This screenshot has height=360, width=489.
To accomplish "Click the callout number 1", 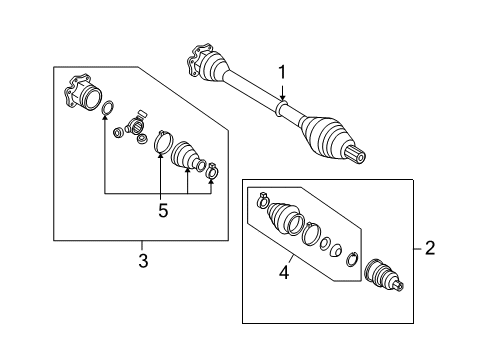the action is point(282,72).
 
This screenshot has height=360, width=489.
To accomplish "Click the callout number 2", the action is point(430,248).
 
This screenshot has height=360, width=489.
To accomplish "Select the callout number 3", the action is point(143,261).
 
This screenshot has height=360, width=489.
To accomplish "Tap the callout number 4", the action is point(284,272).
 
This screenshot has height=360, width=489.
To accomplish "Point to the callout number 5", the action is point(163,211).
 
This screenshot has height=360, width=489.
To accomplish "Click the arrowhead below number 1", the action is point(282,97).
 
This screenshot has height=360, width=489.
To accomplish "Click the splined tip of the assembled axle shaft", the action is point(356,155).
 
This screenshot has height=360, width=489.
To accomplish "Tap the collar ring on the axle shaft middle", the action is point(282,108).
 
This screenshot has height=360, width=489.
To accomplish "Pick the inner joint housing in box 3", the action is point(81,93).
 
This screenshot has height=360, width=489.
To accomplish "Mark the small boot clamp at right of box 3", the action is point(212,171).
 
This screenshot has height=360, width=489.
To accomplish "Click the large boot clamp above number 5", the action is point(163,141).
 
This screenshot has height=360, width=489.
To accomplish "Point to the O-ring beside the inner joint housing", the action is point(107,108).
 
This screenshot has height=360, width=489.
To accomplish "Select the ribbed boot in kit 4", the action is point(282,217).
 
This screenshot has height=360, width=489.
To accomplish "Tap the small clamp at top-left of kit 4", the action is point(263,201).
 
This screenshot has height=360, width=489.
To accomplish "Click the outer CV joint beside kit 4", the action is point(383,275).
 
